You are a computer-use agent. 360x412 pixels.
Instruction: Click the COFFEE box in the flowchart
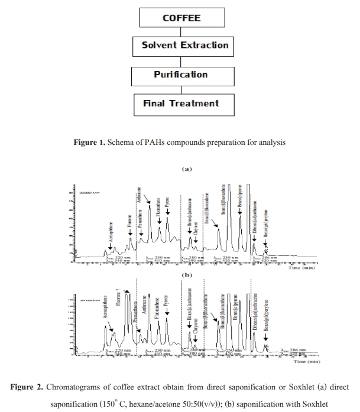click(181, 18)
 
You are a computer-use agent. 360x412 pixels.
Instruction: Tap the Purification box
click(181, 74)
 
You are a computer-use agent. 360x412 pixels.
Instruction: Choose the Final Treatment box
click(181, 103)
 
